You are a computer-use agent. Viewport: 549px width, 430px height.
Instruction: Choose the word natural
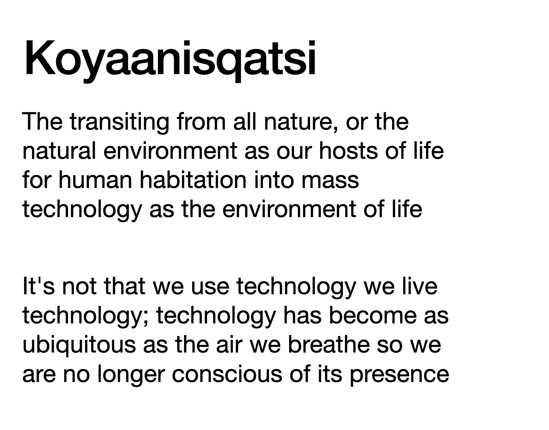point(59,151)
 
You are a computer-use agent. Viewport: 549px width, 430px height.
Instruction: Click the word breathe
point(328,345)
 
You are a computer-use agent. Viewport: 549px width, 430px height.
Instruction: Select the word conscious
point(227,374)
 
